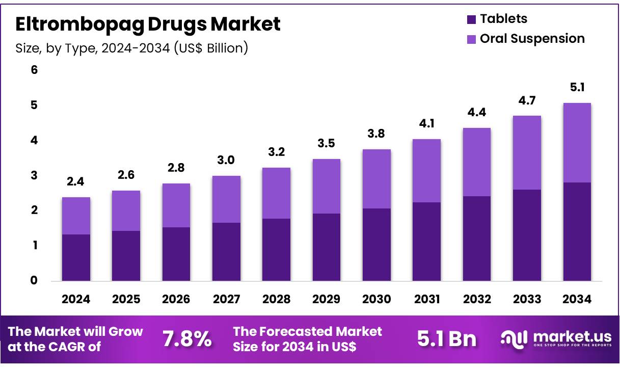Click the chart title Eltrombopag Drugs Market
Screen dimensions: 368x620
[x=148, y=24]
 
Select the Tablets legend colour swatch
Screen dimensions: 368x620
[x=471, y=19]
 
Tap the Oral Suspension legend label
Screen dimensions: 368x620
[x=532, y=39]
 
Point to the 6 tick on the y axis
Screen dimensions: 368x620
[x=34, y=70]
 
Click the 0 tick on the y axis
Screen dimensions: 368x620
[x=34, y=280]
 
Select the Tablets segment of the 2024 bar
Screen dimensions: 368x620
[x=76, y=257]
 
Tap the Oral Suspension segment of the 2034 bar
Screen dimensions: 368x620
[x=577, y=143]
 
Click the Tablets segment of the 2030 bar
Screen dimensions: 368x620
[x=376, y=245]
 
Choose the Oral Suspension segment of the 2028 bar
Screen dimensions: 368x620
[x=276, y=193]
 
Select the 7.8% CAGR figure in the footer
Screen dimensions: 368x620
[x=186, y=339]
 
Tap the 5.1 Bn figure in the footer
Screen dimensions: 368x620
[x=446, y=339]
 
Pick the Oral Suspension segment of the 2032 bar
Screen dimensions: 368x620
[x=477, y=162]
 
